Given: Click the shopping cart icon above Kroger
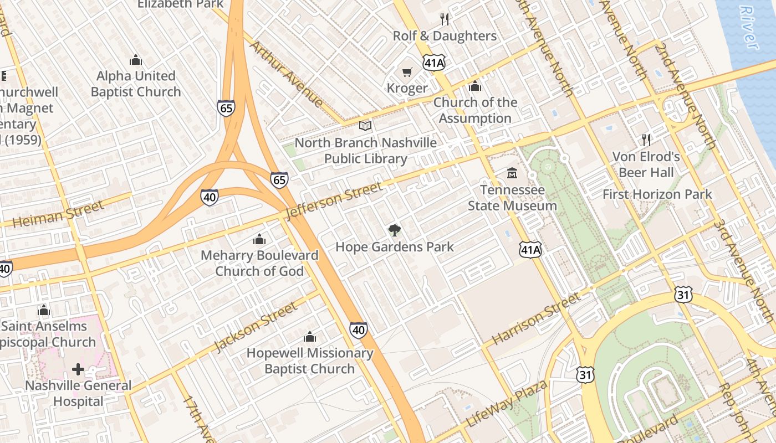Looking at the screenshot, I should pos(407,72).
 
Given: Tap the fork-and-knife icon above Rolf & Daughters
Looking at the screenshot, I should pos(445,19).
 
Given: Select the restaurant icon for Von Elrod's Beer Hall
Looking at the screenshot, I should pos(646,140).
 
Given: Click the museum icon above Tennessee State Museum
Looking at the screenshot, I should pos(512,173).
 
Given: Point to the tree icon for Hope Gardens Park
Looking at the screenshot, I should pos(394,230).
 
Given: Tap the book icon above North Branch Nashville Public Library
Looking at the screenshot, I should pos(365,126).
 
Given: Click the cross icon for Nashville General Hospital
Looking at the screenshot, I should pos(78,369).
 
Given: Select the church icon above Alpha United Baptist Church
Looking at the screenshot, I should pos(136,60).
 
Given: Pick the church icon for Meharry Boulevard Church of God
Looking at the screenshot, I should pos(259,239).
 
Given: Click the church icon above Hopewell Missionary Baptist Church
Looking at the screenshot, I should pos(310,337).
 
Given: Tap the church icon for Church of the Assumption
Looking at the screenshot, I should pos(475,86).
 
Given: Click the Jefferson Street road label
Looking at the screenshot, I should pos(334,201).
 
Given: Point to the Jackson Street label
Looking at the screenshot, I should pos(256,327).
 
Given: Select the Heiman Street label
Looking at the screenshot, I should pos(58,214).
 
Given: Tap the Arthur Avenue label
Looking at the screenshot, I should pos(286,74).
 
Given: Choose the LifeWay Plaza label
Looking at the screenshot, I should pos(507,403).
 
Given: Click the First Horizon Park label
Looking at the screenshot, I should pos(657,194).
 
